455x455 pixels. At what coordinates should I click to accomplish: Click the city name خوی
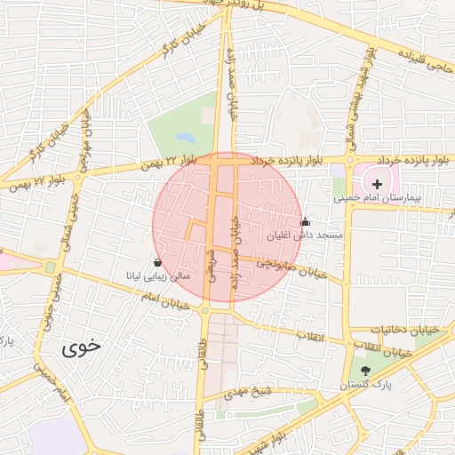(81, 347)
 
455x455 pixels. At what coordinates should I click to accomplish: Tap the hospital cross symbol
(378, 183)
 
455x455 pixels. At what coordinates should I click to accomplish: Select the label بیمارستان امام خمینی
(395, 198)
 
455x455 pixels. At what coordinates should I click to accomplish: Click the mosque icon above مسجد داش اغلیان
(306, 221)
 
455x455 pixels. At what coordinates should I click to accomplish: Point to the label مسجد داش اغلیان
(306, 235)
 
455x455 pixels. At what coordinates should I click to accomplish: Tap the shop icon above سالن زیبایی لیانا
(158, 262)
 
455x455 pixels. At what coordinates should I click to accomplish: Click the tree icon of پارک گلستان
(366, 371)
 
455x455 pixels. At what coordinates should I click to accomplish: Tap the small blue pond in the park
(185, 138)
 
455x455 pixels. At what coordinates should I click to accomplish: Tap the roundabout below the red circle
(205, 310)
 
